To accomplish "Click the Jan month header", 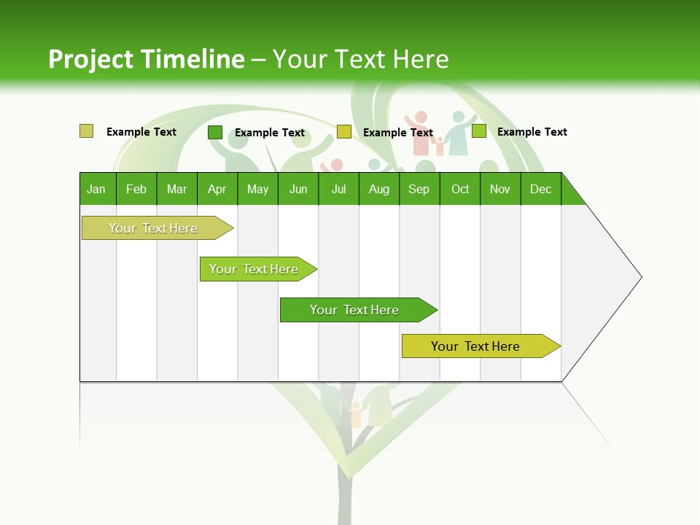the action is tap(97, 189).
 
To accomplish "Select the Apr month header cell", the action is tap(217, 189).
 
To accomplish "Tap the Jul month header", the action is tap(339, 189).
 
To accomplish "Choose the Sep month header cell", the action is tap(419, 189).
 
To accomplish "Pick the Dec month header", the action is tap(541, 189).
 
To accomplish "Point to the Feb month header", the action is tap(136, 189).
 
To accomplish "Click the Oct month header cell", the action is tap(460, 189).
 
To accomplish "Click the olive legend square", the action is tap(86, 131).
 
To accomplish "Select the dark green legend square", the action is tap(215, 132).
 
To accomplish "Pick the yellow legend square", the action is tap(344, 132).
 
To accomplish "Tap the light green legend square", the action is tap(479, 131).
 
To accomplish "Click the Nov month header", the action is tap(500, 189).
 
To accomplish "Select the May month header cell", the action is tap(257, 189).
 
